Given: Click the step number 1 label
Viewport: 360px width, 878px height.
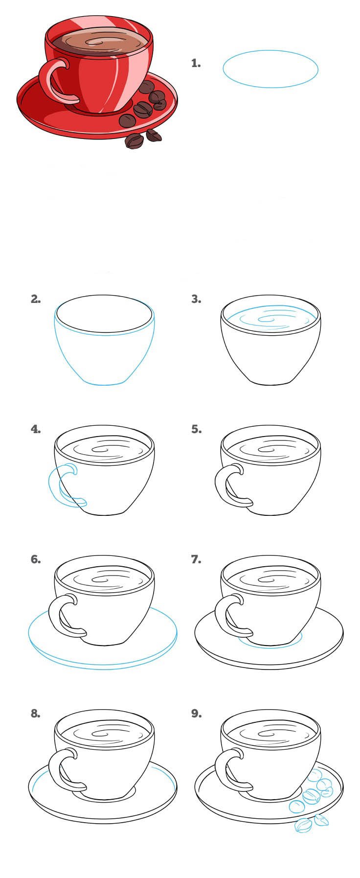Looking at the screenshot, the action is tap(196, 63).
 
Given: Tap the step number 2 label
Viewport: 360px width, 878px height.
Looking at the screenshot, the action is tap(36, 299).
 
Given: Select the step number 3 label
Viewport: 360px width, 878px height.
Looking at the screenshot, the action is tap(196, 299).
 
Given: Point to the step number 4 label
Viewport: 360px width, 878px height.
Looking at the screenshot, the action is tap(36, 429).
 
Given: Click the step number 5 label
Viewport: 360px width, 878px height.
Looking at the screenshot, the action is tap(196, 429).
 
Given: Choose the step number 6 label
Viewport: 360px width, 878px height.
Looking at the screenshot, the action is tap(36, 559).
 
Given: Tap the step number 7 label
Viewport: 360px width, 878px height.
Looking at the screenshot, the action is tap(196, 559).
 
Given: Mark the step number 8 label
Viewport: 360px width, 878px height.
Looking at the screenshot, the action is tap(36, 714).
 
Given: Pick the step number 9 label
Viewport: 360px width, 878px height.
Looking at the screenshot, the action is tap(196, 714).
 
